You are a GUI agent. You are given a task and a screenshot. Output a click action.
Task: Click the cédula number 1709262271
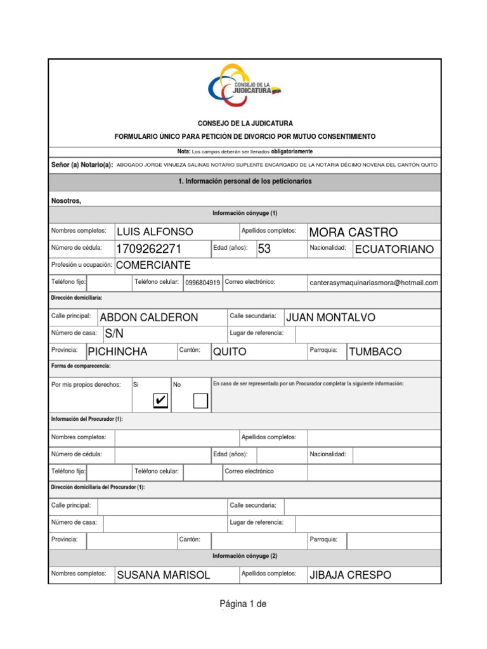click(x=148, y=249)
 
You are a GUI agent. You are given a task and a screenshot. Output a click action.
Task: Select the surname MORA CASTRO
click(x=353, y=232)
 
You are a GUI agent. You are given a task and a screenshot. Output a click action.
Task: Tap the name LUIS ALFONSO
click(x=155, y=232)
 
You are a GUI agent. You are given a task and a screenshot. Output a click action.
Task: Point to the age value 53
click(x=264, y=249)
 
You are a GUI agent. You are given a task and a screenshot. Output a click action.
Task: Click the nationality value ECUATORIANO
click(x=394, y=250)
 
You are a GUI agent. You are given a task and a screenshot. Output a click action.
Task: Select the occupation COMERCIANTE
click(x=153, y=265)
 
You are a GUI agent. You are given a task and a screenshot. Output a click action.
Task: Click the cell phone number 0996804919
click(x=203, y=283)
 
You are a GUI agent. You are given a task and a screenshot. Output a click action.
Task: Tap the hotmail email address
click(x=373, y=283)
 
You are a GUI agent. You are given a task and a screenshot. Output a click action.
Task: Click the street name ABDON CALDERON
click(x=149, y=318)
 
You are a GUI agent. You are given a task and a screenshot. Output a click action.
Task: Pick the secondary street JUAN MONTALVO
click(x=330, y=318)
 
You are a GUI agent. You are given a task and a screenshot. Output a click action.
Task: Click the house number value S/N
click(x=114, y=333)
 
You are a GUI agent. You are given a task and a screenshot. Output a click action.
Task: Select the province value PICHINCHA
click(x=117, y=352)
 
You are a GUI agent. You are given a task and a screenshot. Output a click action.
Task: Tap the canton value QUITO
click(x=230, y=352)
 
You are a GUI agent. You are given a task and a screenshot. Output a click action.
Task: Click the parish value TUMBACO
click(x=375, y=352)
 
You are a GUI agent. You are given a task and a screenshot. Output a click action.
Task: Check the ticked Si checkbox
click(x=161, y=401)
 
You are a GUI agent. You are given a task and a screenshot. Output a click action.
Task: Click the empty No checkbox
click(x=200, y=401)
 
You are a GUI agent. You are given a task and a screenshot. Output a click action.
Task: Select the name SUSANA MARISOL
click(x=163, y=575)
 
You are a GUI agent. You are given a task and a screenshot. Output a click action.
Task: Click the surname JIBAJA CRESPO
click(x=349, y=575)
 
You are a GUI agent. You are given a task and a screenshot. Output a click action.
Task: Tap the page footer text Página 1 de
click(x=243, y=604)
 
